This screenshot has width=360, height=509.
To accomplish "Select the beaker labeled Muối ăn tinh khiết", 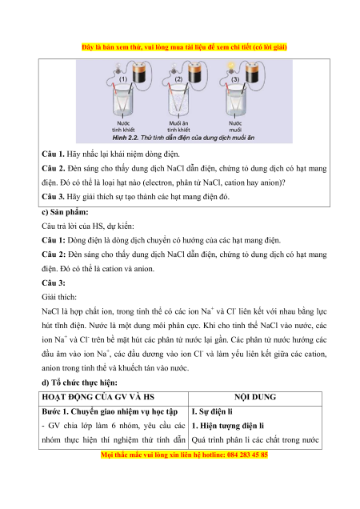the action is point(178,101).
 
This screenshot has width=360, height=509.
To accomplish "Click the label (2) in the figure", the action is point(178,79).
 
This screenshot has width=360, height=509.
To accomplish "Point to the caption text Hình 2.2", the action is point(126,138).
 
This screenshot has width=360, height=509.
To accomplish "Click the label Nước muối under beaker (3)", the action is point(235,126).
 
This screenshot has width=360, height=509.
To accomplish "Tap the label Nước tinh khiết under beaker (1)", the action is point(123,126).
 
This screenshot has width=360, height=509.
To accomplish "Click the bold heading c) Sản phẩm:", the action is point(65,212).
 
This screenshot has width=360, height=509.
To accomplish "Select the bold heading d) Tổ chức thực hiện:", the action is point(79,383).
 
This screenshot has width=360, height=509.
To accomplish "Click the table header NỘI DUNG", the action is point(255,397).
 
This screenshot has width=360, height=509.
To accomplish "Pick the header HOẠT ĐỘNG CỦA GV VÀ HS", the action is point(98,397).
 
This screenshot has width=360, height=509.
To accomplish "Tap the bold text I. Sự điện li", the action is point(212,411).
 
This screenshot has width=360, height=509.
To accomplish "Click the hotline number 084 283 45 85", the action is point(247,455).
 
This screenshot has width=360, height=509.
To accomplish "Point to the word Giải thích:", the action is point(59,297).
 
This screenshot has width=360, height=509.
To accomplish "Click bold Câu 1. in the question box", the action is point(53,154).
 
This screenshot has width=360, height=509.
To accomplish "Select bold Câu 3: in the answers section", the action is point(54,283).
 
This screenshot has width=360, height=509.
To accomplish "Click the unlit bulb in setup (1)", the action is point(118,67).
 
